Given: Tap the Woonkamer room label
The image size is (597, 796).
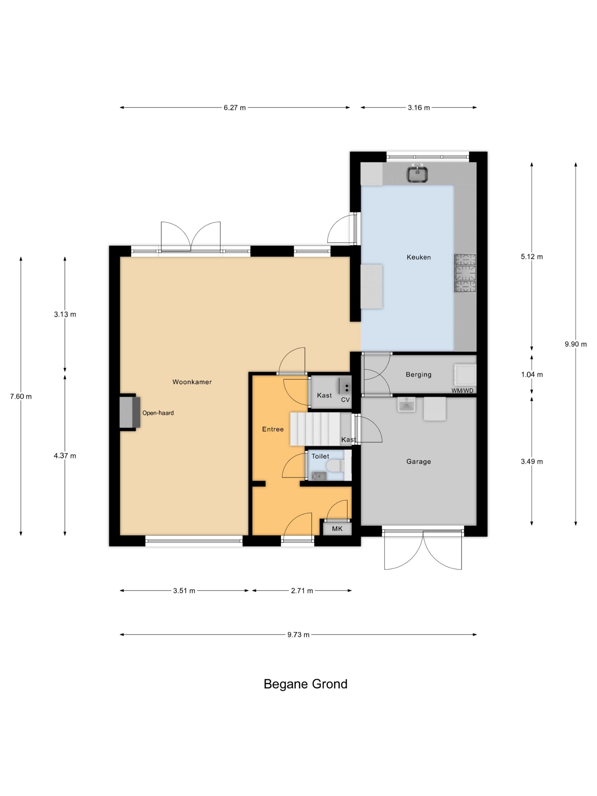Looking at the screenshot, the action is (x=192, y=382).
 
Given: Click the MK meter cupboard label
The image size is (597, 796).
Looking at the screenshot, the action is (x=337, y=528).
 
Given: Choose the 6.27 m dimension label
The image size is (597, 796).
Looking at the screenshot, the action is (x=235, y=107).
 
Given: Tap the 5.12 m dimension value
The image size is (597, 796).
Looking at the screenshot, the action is (x=532, y=257).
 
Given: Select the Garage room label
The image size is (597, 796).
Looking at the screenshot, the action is (x=418, y=461).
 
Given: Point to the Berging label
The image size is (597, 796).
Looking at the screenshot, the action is (x=418, y=375).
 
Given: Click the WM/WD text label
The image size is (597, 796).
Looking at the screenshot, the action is (x=463, y=390).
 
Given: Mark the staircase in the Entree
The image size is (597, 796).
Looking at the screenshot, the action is (x=315, y=429).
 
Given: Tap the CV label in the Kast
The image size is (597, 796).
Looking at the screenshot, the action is (x=345, y=399).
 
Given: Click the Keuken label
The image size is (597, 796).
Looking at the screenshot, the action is (x=418, y=257).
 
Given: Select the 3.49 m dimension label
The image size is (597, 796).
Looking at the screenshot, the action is (x=532, y=461).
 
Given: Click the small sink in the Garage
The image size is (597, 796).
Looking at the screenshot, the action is (x=406, y=405).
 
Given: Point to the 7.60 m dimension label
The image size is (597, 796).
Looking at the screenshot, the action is (x=21, y=397).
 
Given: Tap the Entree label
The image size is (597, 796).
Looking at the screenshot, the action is (x=273, y=429).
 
